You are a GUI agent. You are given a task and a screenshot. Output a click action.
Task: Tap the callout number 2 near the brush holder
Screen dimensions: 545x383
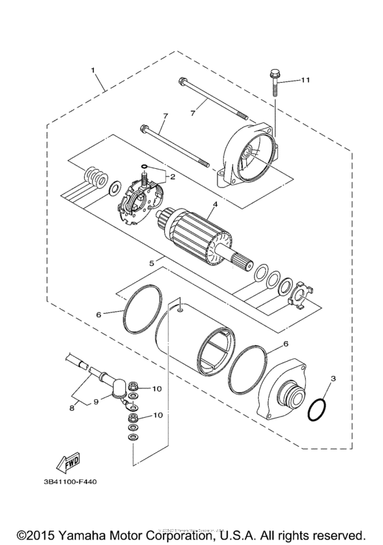click(x=173, y=177)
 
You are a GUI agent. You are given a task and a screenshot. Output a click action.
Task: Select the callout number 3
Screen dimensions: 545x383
click(x=333, y=377)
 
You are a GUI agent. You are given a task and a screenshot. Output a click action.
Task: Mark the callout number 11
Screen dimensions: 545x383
click(x=306, y=81)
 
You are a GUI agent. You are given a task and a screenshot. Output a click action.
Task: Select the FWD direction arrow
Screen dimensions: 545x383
click(x=70, y=464)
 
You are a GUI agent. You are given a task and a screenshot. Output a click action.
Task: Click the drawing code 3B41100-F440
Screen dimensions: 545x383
click(x=73, y=481)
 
